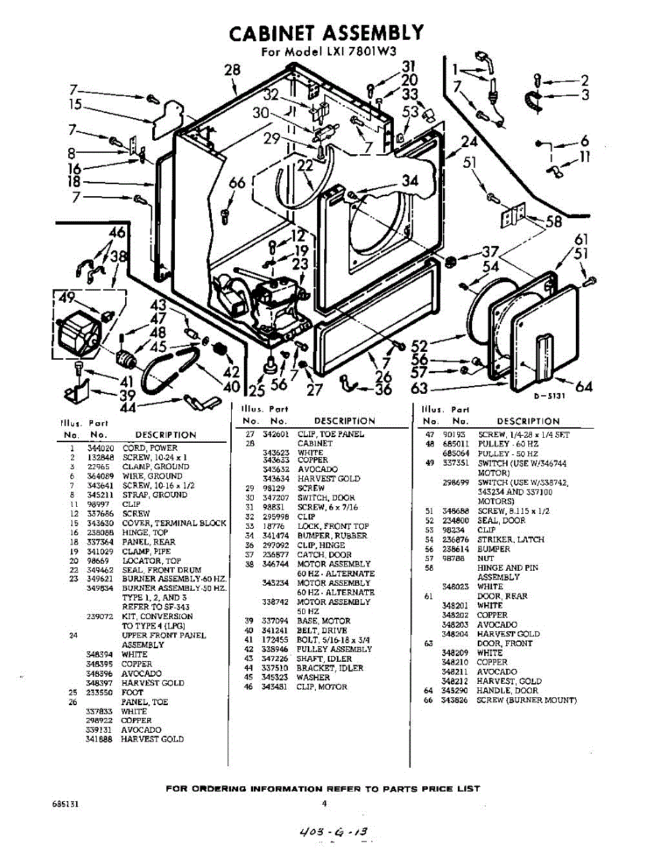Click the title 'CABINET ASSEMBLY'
tap(326, 33)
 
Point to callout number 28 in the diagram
tap(232, 70)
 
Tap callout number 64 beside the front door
tap(584, 386)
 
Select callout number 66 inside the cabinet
tap(237, 183)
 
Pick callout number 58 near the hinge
tap(552, 221)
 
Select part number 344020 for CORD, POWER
tap(98, 449)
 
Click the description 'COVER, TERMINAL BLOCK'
tap(174, 523)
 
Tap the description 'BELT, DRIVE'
tap(322, 631)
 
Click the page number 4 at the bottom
tap(323, 805)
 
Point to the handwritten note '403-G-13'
tap(336, 831)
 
